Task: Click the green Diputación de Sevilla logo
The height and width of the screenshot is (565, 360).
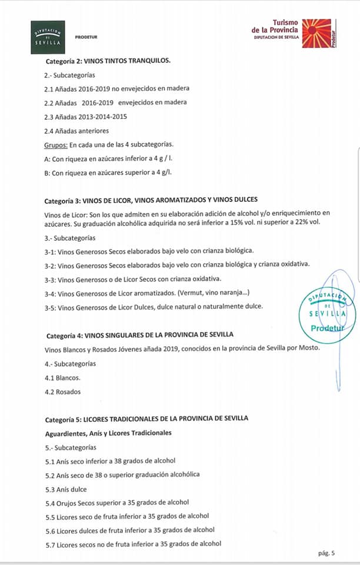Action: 48,37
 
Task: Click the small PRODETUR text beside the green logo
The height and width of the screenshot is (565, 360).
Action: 86,37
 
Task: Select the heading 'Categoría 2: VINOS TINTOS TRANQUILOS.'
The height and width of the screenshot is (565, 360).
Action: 108,61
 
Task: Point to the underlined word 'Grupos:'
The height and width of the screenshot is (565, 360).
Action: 55,144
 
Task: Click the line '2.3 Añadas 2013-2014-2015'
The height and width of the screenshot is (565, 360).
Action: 85,117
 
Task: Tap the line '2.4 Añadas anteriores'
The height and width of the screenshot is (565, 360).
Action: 76,131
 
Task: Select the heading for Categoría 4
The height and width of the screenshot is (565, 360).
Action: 139,335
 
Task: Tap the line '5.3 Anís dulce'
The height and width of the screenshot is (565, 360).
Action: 66,489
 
